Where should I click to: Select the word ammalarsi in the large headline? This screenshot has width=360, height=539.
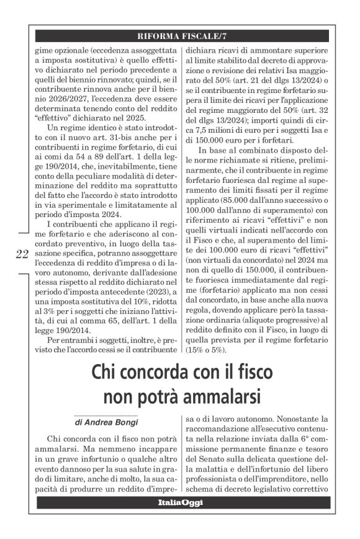220,395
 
